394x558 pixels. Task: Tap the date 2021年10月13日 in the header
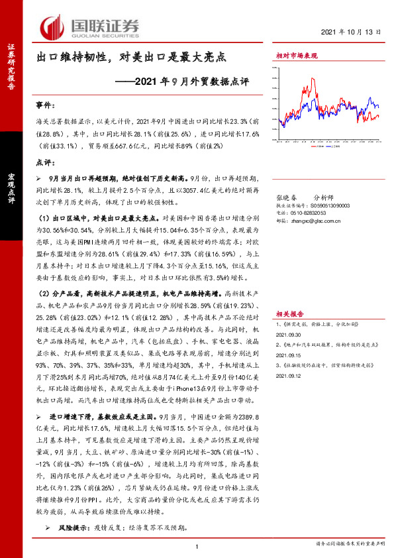pos(353,32)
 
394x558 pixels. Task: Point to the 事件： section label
pos(46,106)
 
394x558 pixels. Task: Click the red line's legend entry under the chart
pos(319,146)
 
